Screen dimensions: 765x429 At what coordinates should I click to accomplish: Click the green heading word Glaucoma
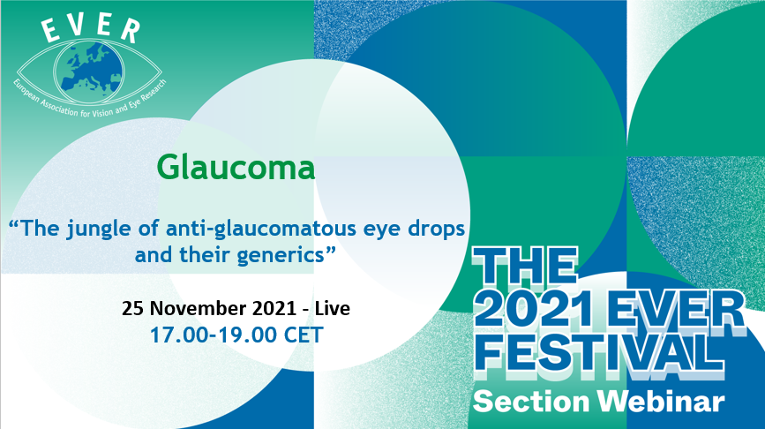(x=236, y=168)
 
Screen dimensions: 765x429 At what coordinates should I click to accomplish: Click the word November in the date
(x=198, y=308)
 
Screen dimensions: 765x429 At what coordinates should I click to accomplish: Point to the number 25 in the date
(x=132, y=308)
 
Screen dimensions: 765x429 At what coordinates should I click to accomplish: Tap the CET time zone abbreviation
(x=304, y=335)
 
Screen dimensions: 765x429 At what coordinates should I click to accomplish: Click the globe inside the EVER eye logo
(x=88, y=71)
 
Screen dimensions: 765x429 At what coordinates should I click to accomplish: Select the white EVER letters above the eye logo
(x=91, y=29)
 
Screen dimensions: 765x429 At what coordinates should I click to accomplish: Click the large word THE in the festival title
(x=526, y=267)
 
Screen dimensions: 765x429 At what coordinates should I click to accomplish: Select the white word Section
(x=531, y=402)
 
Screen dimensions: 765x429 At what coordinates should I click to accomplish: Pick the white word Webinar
(x=661, y=401)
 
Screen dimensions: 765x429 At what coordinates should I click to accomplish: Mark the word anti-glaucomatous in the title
(x=261, y=229)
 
